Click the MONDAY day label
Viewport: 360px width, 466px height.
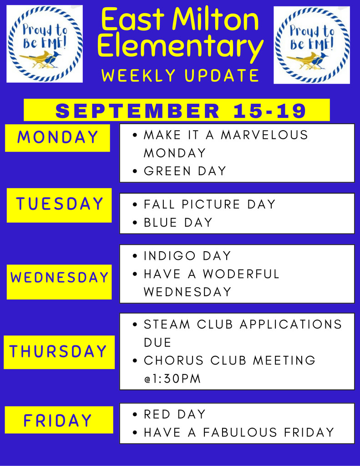57,137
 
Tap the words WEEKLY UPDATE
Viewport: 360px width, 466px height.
180,75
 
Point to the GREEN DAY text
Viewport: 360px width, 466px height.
185,171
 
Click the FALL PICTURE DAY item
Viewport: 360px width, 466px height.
210,204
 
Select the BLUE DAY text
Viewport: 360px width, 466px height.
178,222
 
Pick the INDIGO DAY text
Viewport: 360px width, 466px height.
188,256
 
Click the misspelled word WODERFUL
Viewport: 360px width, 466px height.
241,274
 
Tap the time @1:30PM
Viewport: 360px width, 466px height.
172,379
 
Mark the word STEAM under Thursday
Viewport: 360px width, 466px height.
167,324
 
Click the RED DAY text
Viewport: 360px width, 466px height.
174,414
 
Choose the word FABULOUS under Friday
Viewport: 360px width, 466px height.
240,432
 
